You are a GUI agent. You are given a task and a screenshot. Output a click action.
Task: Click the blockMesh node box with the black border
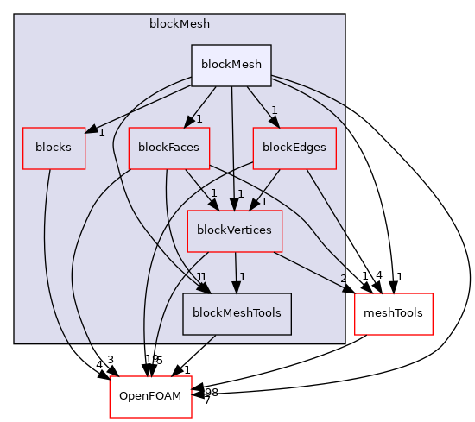pos(231,65)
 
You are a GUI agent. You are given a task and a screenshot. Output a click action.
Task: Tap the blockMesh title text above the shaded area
pos(179,23)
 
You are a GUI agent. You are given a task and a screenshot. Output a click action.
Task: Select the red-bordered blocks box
pos(54,148)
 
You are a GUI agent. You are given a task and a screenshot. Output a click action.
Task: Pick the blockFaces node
pos(164,148)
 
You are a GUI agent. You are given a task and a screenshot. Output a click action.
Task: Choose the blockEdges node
pos(294,148)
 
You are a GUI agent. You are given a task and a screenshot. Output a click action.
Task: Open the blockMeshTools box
pos(237,313)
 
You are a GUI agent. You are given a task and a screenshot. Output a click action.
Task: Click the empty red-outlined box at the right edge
pos(393,313)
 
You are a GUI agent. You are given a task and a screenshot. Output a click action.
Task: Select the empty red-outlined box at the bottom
pos(150,396)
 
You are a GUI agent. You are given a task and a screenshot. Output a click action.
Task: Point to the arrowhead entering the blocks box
pos(90,129)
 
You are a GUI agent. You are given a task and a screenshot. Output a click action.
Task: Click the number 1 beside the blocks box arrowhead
pos(101,133)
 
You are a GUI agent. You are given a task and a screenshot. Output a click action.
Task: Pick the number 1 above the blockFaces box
pos(199,118)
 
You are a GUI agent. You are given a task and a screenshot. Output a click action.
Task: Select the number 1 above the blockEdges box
pos(274,110)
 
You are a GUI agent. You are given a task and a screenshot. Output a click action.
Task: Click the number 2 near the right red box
pos(344,279)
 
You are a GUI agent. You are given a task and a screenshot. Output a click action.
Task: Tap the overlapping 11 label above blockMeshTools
pos(200,276)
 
